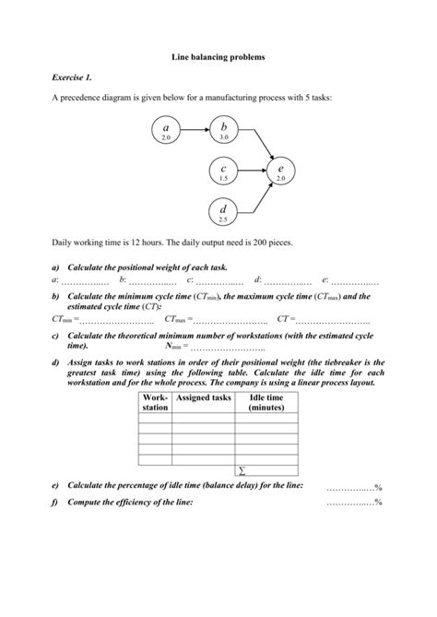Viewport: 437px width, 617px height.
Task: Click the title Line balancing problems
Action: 218,57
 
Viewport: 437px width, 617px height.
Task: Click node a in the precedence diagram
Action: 167,130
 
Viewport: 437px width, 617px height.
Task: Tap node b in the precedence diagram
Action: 224,130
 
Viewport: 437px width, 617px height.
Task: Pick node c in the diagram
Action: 224,172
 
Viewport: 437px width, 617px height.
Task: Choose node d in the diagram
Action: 224,214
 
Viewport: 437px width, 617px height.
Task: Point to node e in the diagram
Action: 280,172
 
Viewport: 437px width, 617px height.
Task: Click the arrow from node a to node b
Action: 195,130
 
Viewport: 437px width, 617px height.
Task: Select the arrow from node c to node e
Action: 252,172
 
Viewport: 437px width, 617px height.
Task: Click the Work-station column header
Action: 155,401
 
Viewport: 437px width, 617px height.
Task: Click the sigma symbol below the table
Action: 242,469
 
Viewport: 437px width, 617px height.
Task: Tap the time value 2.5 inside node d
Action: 224,220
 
